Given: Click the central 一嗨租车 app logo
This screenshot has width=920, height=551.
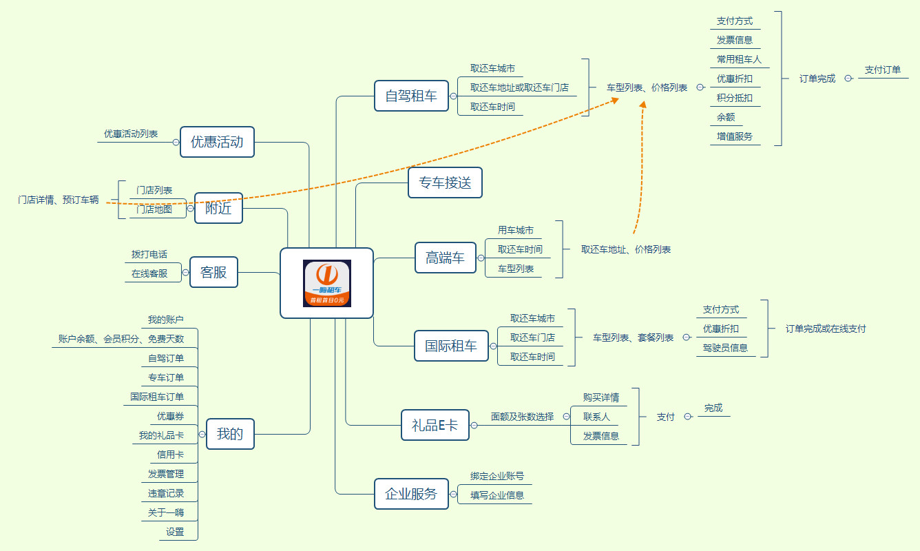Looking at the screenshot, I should (x=327, y=283).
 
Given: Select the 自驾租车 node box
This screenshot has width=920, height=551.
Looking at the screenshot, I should (x=411, y=96).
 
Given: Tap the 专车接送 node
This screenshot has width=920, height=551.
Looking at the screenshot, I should (x=445, y=183).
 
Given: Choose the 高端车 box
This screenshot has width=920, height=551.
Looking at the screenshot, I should (x=446, y=258).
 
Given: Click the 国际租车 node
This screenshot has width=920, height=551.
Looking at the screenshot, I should (x=451, y=346).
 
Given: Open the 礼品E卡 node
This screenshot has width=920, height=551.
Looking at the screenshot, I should (x=435, y=425).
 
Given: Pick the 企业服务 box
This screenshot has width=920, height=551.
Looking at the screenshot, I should (x=410, y=494).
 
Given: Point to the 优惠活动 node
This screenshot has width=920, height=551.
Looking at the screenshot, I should (x=217, y=142).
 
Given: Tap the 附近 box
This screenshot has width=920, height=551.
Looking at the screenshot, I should (x=218, y=208).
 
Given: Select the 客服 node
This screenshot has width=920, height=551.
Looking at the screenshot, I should (x=213, y=272).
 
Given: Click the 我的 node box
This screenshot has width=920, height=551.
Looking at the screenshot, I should (x=230, y=434).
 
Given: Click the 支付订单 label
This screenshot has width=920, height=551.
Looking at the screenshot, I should (x=883, y=70).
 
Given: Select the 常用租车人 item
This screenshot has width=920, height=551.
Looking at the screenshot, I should (x=739, y=59).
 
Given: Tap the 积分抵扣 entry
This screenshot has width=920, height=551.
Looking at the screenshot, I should (x=735, y=98).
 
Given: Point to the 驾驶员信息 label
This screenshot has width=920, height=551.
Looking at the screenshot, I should (x=725, y=348).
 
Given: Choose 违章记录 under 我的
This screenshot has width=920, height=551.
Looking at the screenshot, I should (x=166, y=493).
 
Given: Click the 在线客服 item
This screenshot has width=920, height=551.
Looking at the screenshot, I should (x=149, y=273).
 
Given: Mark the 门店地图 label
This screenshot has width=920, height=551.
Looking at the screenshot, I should (x=154, y=209).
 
